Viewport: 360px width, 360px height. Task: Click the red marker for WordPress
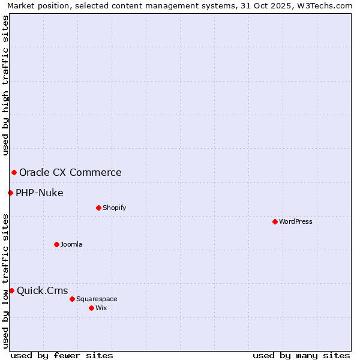point(275,221)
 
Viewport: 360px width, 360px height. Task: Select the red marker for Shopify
point(98,208)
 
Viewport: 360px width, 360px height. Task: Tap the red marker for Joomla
point(56,244)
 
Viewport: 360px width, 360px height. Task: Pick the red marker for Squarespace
point(72,299)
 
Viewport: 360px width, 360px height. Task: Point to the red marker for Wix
point(91,308)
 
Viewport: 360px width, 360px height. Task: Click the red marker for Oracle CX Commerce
point(14,173)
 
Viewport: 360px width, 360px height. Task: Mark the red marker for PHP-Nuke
point(10,193)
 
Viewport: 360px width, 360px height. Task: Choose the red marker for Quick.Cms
point(11,290)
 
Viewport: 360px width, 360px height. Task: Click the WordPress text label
point(296,221)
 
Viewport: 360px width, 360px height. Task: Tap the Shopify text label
point(114,208)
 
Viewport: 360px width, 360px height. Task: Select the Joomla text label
point(71,244)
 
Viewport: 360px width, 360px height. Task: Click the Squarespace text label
point(97,299)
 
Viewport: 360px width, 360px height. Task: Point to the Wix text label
point(101,308)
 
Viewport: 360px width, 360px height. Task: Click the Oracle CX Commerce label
point(70,173)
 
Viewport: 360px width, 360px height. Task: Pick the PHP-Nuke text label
point(40,193)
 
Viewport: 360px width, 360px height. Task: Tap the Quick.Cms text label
point(42,291)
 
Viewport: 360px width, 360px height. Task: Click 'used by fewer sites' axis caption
point(62,355)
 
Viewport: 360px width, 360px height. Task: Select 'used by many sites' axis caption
point(301,355)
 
